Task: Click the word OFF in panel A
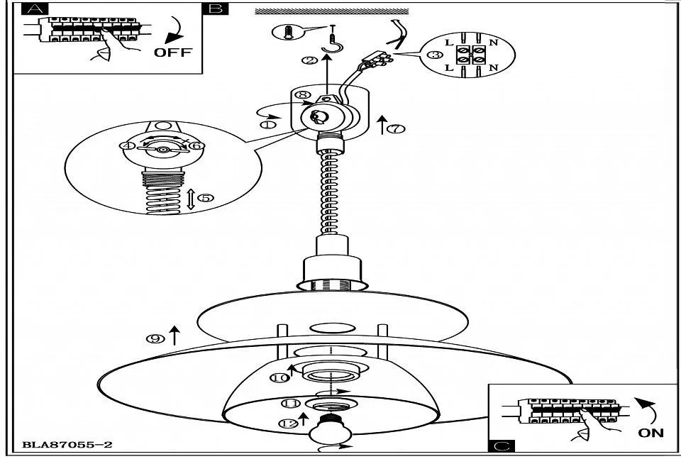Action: (x=173, y=52)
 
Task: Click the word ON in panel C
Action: (x=650, y=432)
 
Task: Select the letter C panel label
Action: (x=502, y=446)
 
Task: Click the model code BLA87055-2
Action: (x=67, y=446)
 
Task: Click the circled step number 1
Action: (x=268, y=124)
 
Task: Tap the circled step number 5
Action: (x=205, y=198)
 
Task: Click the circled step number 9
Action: (x=155, y=338)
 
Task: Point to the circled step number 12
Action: (x=288, y=424)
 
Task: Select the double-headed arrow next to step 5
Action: (x=190, y=198)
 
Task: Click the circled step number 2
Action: (x=310, y=60)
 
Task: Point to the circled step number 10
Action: (x=282, y=378)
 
